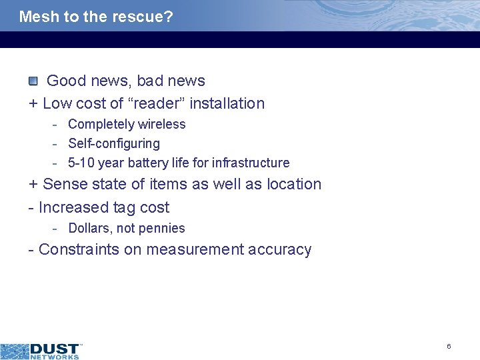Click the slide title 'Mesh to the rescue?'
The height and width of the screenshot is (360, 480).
pyautogui.click(x=96, y=17)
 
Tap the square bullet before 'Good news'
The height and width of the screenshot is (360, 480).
pyautogui.click(x=33, y=81)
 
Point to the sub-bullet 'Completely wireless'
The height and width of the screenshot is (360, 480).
pyautogui.click(x=127, y=124)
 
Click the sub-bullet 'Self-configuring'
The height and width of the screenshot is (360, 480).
pyautogui.click(x=114, y=143)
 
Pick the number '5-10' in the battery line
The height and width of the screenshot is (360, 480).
pyautogui.click(x=81, y=163)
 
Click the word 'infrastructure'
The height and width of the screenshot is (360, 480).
pyautogui.click(x=251, y=163)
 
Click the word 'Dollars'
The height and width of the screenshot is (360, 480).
pyautogui.click(x=88, y=228)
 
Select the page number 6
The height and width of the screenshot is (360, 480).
pyautogui.click(x=449, y=346)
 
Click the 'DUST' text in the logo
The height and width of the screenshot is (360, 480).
pyautogui.click(x=55, y=348)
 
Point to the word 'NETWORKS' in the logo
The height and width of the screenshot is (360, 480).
pyautogui.click(x=55, y=357)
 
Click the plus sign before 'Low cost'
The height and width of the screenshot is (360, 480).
pyautogui.click(x=33, y=104)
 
